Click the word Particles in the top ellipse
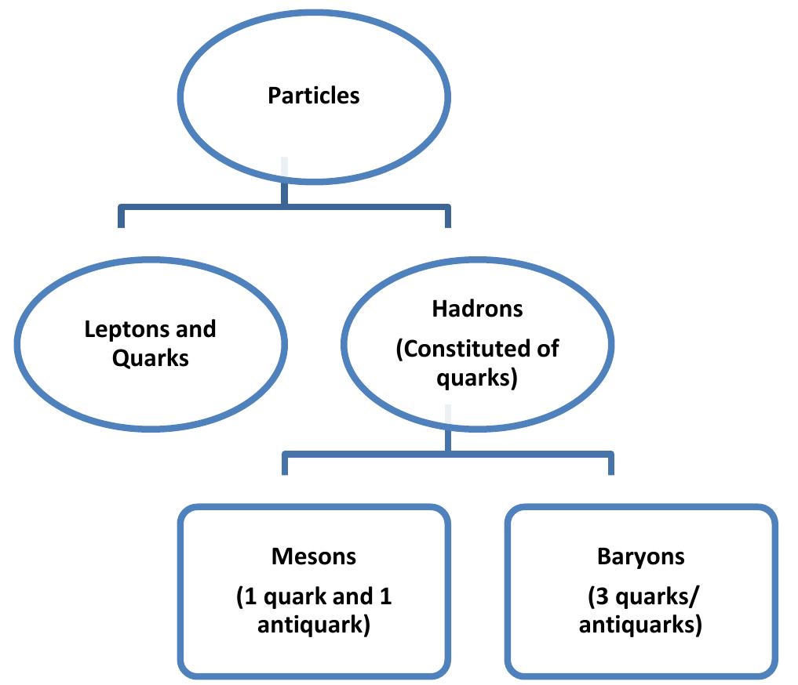coord(313,96)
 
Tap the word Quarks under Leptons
coord(150,357)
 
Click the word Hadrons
coord(477,308)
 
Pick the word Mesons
coord(313,556)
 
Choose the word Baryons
coord(640,556)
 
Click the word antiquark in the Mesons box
coord(313,626)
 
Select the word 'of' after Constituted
coord(548,348)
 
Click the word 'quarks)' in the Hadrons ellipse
coord(477,378)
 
